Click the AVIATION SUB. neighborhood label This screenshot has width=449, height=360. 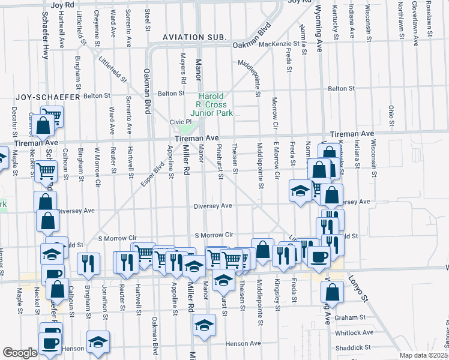point(195,37)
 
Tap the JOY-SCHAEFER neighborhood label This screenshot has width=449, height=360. point(40,96)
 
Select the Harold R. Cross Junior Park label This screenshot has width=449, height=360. point(211,104)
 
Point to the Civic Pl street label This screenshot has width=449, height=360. point(179,121)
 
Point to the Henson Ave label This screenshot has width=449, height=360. point(243,344)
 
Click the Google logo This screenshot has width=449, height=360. point(20,353)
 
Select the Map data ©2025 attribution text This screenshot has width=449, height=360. point(423,355)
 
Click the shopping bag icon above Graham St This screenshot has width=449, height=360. point(332,292)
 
